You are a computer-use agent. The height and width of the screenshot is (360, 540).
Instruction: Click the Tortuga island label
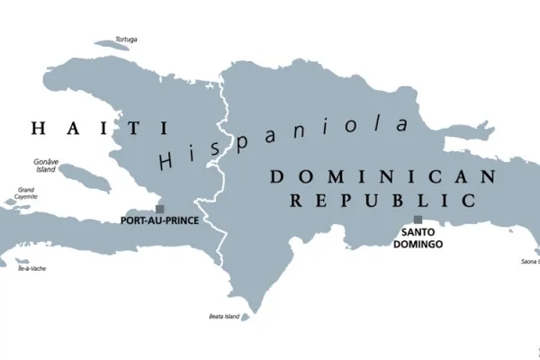coord(127,40)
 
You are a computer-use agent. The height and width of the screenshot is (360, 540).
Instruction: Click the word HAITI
coord(86,129)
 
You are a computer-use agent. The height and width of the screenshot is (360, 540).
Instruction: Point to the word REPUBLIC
coord(382,199)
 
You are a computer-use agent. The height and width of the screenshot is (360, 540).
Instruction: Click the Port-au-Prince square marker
coord(160,209)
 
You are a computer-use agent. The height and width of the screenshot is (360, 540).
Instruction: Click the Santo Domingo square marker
coord(418,220)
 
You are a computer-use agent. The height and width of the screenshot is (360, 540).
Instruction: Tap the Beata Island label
coord(225,316)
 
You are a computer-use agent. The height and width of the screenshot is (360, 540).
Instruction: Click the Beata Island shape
coord(246,317)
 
